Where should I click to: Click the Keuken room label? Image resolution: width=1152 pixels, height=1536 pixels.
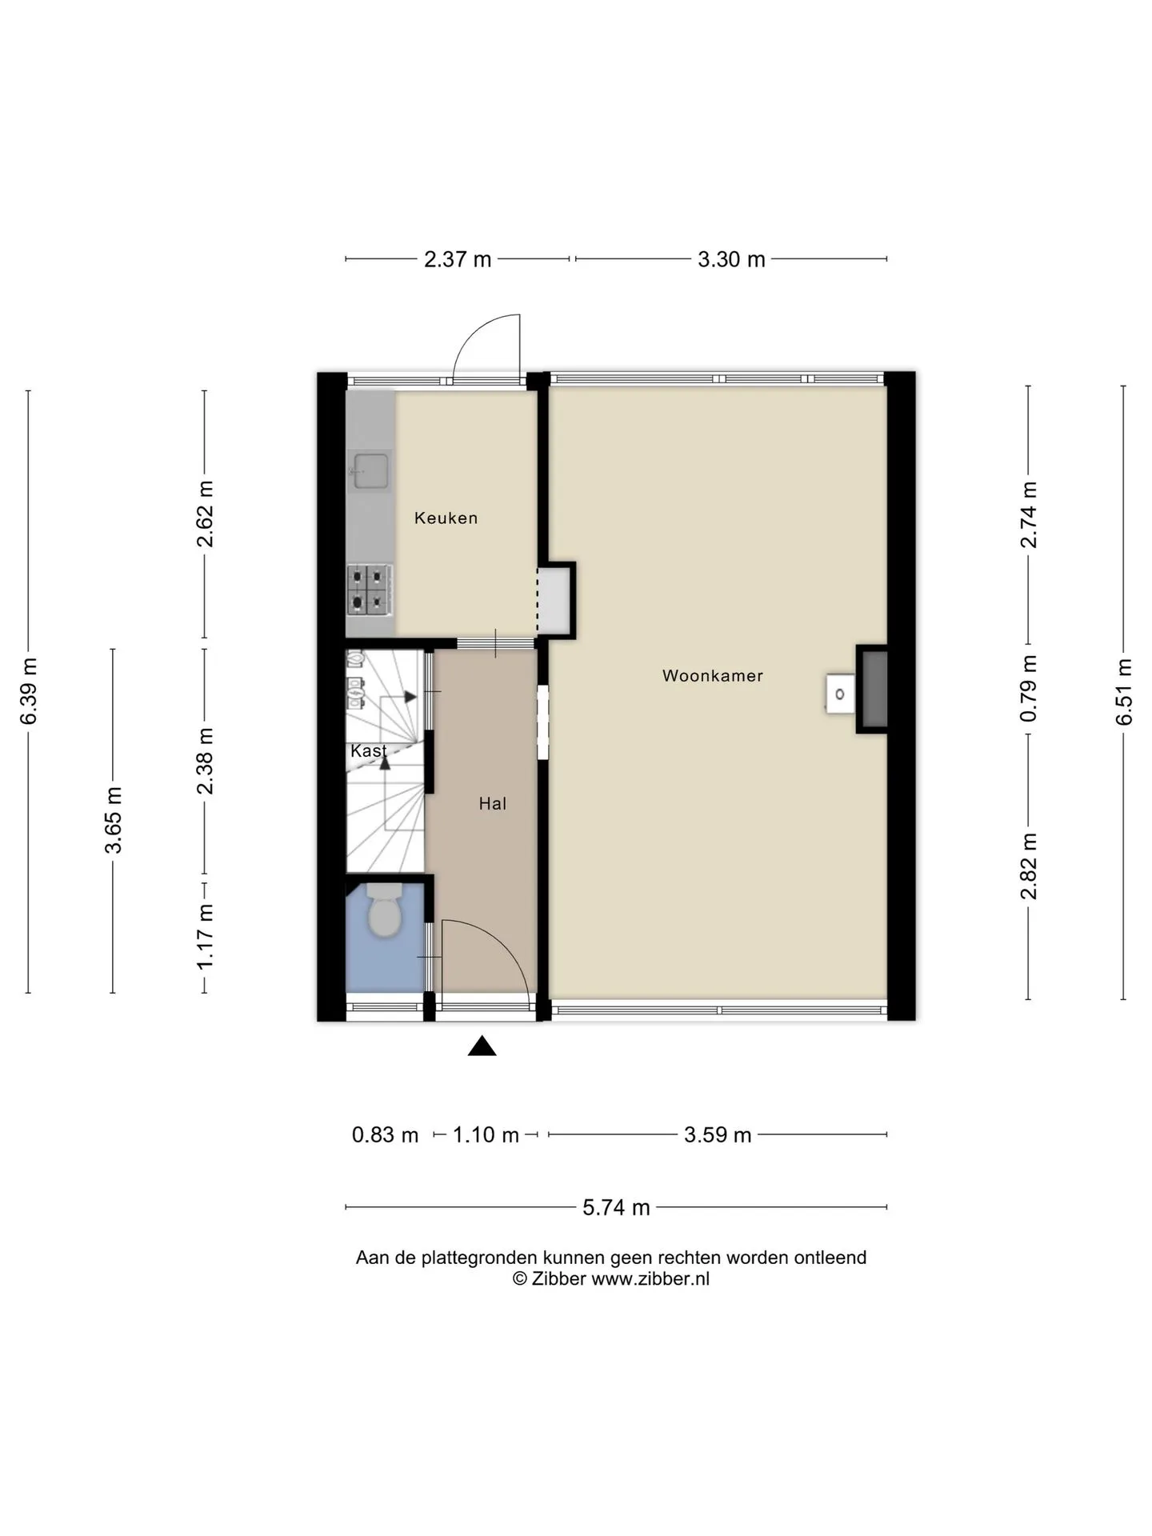pyautogui.click(x=446, y=518)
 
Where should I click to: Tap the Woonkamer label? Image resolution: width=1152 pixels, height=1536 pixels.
pyautogui.click(x=712, y=676)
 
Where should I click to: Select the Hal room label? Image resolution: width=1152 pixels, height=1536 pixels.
pyautogui.click(x=493, y=804)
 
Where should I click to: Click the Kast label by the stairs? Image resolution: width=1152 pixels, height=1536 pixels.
pyautogui.click(x=368, y=751)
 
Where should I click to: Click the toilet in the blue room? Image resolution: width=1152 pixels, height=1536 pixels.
pyautogui.click(x=385, y=910)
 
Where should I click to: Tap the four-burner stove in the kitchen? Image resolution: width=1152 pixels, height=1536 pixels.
pyautogui.click(x=370, y=590)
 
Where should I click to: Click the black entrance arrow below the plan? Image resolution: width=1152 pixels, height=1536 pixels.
pyautogui.click(x=482, y=1046)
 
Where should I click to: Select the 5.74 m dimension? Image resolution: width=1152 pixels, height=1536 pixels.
pyautogui.click(x=616, y=1207)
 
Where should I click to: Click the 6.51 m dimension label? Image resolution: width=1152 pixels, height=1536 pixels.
pyautogui.click(x=1124, y=691)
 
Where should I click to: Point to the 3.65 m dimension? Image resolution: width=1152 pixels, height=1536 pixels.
pyautogui.click(x=114, y=820)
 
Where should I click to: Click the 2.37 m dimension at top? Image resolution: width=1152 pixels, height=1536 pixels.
pyautogui.click(x=458, y=259)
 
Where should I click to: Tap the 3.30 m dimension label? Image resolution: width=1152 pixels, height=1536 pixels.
pyautogui.click(x=731, y=259)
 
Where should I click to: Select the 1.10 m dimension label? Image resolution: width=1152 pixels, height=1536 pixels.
pyautogui.click(x=486, y=1135)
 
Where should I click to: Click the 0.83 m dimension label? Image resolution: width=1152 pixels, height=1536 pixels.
pyautogui.click(x=386, y=1135)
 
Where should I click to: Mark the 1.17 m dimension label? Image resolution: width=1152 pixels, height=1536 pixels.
pyautogui.click(x=206, y=935)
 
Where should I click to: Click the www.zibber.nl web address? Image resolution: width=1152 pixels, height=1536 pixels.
pyautogui.click(x=650, y=1279)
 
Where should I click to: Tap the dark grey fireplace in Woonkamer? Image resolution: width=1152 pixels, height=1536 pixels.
pyautogui.click(x=872, y=689)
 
